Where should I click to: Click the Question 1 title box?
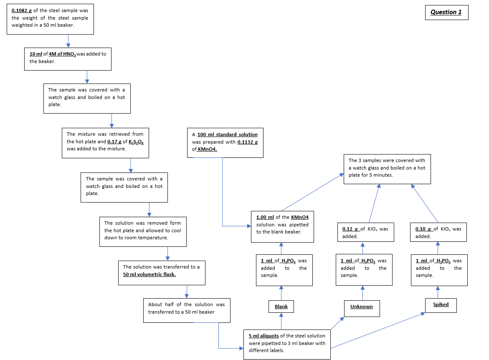446,12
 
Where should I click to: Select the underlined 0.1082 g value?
22,10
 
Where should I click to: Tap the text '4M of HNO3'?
62,54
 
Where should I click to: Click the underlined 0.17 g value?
114,142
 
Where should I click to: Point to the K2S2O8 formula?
137,142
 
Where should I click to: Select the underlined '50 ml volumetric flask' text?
149,274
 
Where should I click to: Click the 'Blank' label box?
281,307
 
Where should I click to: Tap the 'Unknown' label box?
362,307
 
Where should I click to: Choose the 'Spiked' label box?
441,305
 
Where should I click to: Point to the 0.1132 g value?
247,142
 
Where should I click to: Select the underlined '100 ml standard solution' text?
227,134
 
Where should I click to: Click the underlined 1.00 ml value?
265,217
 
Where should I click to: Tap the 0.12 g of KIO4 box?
365,232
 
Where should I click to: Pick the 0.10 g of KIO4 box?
438,232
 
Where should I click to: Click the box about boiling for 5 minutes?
387,169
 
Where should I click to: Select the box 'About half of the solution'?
186,310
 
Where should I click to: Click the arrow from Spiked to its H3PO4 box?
438,292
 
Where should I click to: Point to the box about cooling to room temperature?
143,231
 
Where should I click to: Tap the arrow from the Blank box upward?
281,293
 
